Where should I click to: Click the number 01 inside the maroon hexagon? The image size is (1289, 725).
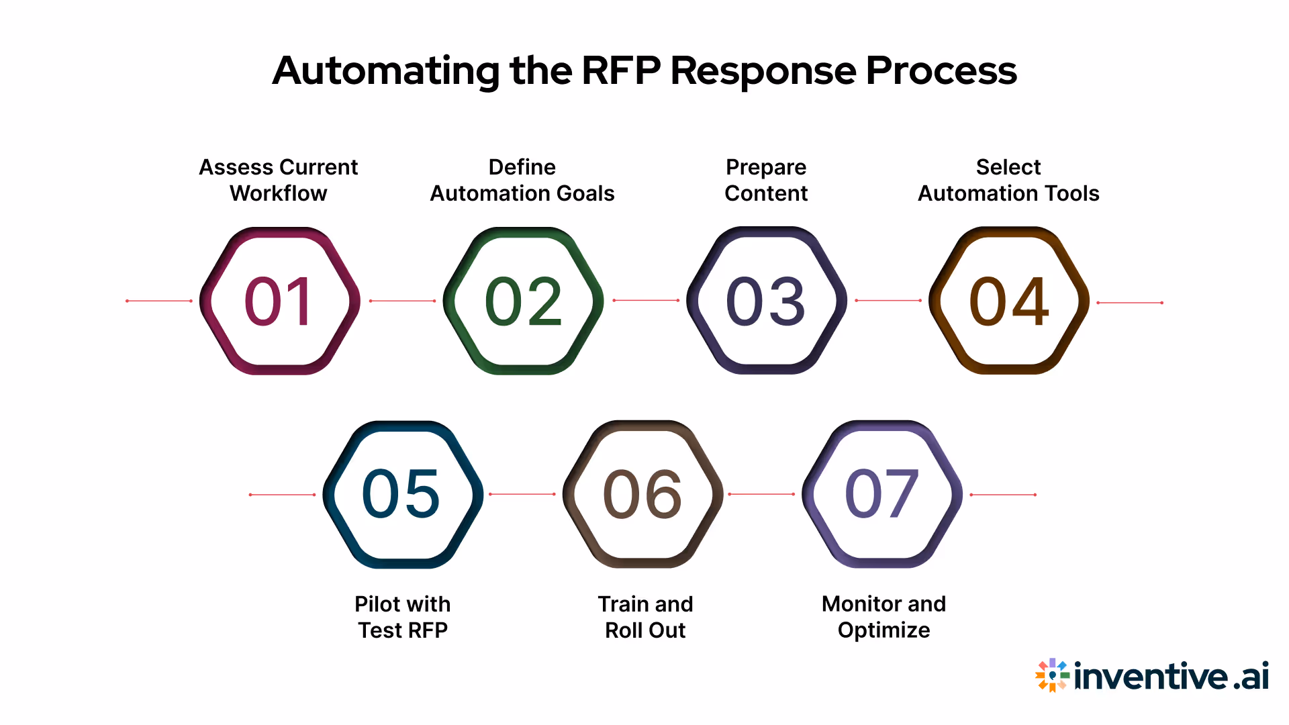pos(279,301)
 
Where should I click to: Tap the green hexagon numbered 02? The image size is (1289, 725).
pos(523,301)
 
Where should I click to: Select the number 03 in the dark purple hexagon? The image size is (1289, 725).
pos(766,301)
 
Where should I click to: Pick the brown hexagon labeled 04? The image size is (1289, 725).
pos(1008,301)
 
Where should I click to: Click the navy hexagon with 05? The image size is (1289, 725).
pos(402,495)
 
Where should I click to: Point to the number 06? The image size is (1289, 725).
pos(643,495)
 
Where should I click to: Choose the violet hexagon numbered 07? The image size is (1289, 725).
pos(882,495)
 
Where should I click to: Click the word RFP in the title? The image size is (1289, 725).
pos(620,70)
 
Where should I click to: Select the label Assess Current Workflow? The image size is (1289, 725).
pos(279,180)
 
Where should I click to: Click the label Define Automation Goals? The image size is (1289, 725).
pos(522,180)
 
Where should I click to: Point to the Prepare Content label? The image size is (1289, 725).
pos(766,180)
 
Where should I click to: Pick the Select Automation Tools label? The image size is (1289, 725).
pos(1008,180)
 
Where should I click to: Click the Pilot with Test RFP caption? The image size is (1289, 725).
pos(402,617)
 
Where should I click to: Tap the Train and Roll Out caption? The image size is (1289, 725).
pos(645,617)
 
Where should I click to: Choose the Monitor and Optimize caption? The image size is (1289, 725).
pos(884,617)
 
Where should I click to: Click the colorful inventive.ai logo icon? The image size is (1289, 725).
pos(1052,675)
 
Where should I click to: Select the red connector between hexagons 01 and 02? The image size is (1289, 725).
pos(402,301)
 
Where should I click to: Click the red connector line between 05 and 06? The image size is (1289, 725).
pos(522,494)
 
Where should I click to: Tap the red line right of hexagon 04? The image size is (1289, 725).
pos(1129,303)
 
